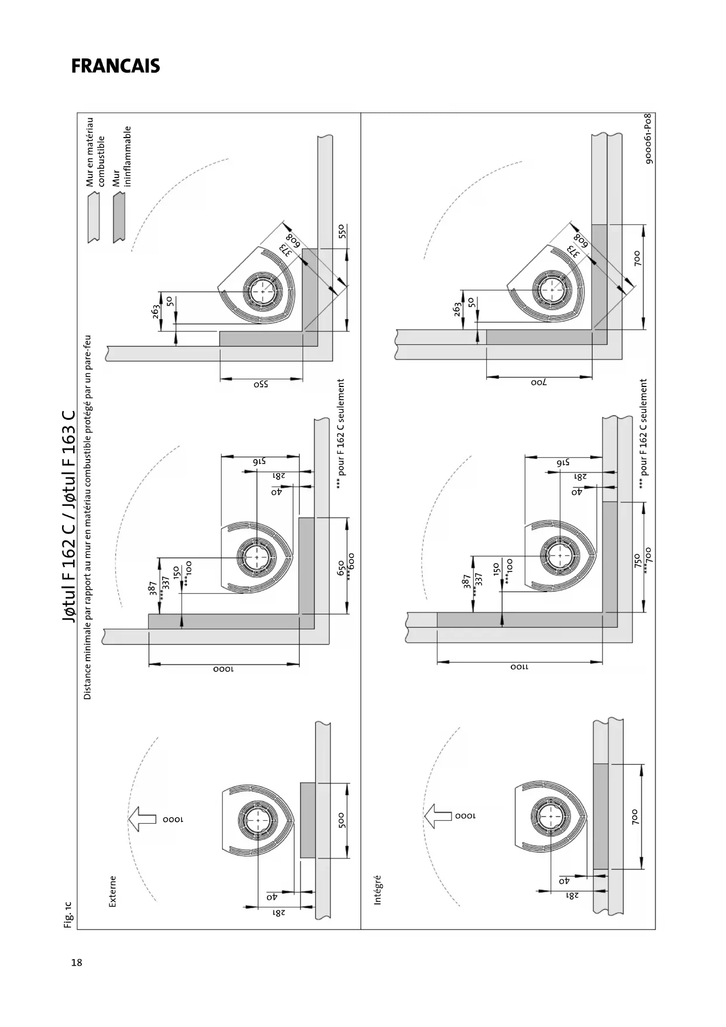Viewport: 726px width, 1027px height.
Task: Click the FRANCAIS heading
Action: point(115,66)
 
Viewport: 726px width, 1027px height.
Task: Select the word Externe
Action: point(113,892)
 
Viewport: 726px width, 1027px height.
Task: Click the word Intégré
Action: point(377,890)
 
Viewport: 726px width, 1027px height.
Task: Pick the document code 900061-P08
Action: point(649,139)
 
